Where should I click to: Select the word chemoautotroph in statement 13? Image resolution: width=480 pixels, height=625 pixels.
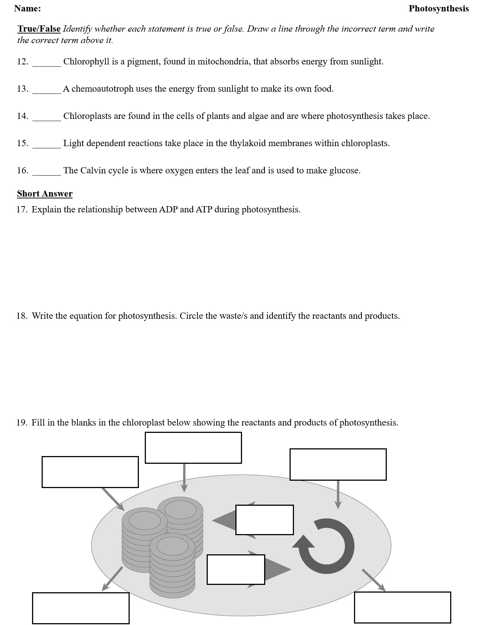click(102, 89)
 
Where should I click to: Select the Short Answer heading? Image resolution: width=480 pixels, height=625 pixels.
click(45, 194)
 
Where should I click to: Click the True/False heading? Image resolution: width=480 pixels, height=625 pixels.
click(39, 29)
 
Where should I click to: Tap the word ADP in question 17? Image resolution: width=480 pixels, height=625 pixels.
click(168, 209)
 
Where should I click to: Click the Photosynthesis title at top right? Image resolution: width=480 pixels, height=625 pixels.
click(438, 8)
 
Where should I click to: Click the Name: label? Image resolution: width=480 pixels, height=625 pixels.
click(28, 8)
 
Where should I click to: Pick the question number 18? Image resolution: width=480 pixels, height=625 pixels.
click(21, 316)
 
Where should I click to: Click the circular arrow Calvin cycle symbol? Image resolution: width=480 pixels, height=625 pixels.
click(326, 546)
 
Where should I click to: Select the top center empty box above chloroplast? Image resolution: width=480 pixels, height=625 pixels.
click(193, 448)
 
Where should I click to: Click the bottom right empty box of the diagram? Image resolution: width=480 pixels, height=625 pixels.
click(402, 607)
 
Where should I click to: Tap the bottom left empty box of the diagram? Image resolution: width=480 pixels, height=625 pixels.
click(81, 608)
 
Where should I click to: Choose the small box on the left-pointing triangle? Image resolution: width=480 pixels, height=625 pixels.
click(264, 520)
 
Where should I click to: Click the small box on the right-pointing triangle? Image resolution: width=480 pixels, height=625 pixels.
click(236, 569)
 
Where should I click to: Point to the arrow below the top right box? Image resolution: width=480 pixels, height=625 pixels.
click(338, 494)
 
